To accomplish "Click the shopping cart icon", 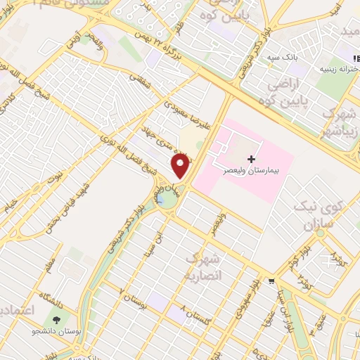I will [271, 282].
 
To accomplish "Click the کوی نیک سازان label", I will [323, 217].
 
